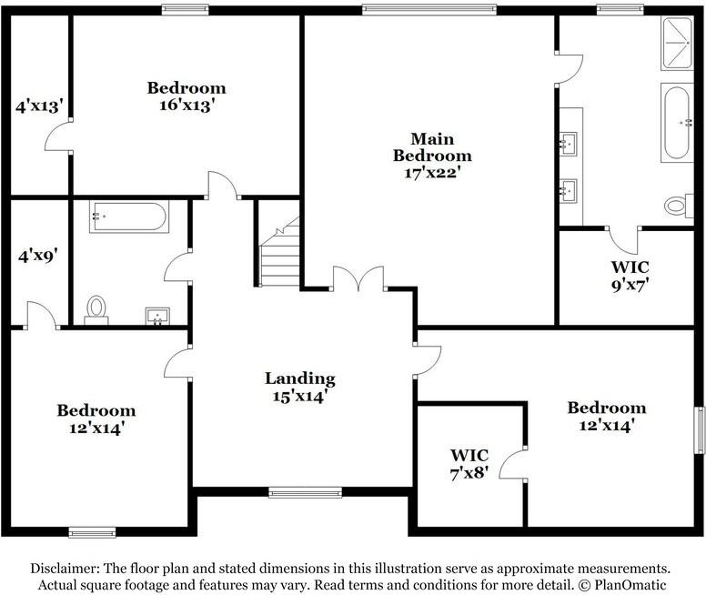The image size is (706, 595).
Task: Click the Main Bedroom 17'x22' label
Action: pos(432,156)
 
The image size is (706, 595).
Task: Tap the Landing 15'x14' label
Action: pos(300,387)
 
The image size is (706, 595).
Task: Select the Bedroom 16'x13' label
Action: pos(187,96)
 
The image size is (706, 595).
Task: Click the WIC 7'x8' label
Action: pos(469,463)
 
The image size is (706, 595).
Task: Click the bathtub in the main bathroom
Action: pos(676,122)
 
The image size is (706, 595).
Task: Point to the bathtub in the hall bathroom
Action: pos(128,217)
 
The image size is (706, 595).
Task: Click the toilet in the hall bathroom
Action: pos(96,308)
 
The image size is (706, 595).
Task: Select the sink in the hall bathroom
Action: pos(158,316)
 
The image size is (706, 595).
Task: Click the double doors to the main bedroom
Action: pos(358,279)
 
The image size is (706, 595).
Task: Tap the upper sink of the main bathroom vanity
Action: pos(569,143)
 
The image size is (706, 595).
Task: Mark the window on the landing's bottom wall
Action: pos(305,492)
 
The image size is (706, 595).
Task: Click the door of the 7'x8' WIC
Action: pos(516,463)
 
